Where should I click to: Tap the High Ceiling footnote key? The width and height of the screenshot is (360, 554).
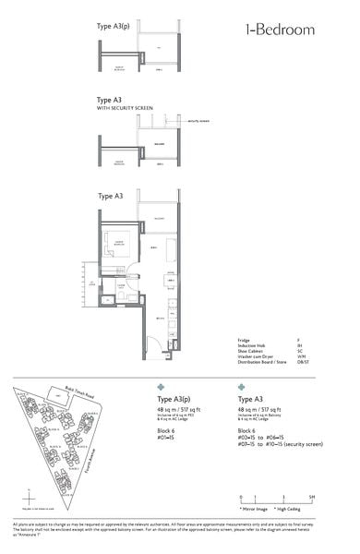click(x=297, y=509)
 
